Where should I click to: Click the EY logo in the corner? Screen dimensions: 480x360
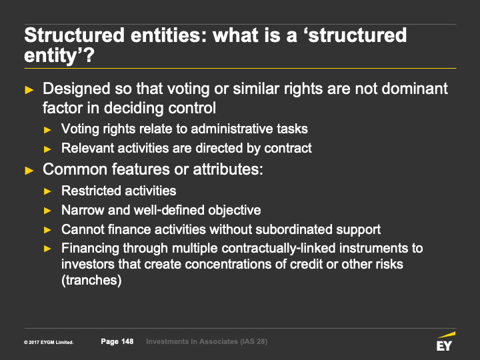[446, 341]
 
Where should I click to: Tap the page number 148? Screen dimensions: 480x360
[127, 341]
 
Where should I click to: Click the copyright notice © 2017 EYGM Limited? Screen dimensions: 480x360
[49, 342]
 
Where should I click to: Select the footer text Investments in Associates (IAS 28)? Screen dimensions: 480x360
[207, 341]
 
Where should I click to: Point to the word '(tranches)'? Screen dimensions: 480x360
[91, 280]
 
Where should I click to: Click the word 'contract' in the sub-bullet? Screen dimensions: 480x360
[288, 148]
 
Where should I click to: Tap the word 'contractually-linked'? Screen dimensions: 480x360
[279, 248]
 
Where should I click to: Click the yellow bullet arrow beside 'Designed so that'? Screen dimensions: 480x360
[29, 90]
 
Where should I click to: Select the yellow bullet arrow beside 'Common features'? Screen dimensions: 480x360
[29, 171]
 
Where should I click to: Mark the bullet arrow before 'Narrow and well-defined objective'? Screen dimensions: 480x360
[47, 211]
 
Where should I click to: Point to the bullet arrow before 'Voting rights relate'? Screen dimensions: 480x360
[47, 130]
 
